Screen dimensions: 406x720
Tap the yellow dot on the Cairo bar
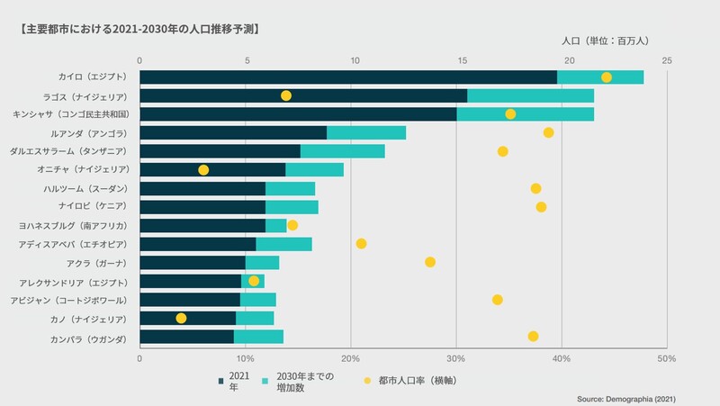point(607,77)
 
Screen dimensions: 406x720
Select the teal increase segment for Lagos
point(530,95)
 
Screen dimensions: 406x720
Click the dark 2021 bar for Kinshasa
point(298,114)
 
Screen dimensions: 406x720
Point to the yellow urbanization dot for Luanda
point(548,133)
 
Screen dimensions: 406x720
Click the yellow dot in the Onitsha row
point(203,170)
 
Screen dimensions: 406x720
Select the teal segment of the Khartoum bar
point(290,188)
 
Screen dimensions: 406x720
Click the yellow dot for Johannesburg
point(292,225)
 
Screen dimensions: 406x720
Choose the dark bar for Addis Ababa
point(198,244)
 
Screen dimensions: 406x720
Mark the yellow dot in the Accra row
point(430,262)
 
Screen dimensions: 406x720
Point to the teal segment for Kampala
point(258,337)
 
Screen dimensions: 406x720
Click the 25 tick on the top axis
point(666,60)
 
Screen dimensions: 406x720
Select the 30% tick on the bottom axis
point(456,357)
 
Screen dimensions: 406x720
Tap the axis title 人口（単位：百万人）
point(611,41)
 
